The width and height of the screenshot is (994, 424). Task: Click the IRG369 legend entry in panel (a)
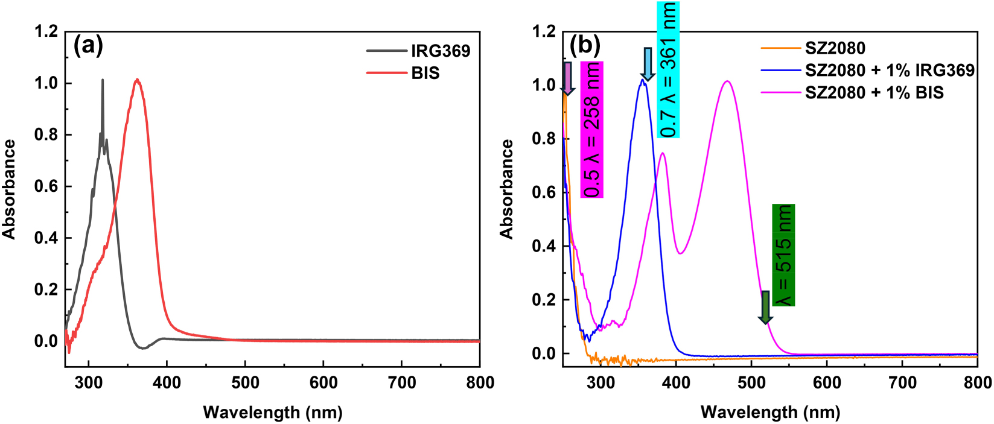coord(441,51)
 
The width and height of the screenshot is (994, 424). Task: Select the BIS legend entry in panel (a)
coord(425,73)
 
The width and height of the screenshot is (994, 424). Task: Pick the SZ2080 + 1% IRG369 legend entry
coord(890,71)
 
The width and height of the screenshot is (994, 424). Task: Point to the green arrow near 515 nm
coord(765,307)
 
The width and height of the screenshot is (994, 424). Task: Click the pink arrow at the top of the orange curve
coord(567,78)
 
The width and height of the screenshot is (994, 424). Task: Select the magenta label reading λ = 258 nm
coord(592,129)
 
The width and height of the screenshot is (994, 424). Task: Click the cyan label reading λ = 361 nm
coord(667,69)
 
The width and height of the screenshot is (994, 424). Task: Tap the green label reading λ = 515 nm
coord(783,255)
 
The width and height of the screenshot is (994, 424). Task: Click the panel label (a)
coord(88,45)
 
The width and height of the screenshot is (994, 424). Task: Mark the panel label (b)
coord(585,45)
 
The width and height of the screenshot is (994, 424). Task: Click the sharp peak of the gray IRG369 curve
coord(102,80)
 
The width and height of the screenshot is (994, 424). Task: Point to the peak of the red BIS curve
coord(138,80)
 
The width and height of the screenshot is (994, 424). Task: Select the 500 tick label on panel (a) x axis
coord(245,382)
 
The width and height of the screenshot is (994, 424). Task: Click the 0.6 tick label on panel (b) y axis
coord(544,192)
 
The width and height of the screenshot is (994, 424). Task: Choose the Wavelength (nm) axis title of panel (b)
coord(770,413)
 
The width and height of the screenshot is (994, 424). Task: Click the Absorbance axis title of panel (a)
coord(10,189)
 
